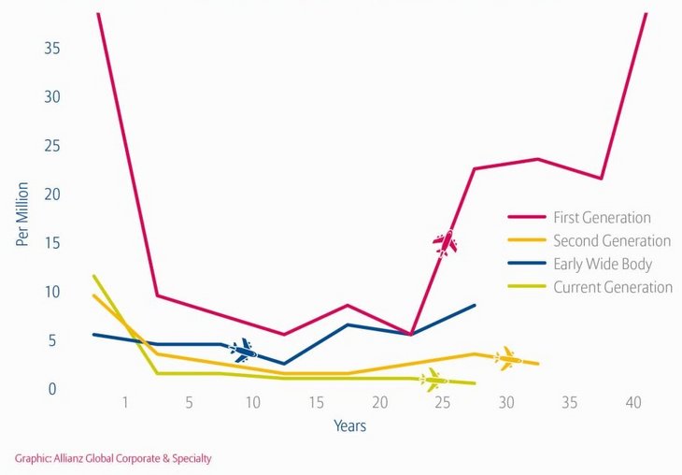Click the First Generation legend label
pos(602,218)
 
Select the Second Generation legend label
pos(611,241)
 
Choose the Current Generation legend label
pos(612,288)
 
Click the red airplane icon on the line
pos(446,243)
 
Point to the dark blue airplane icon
pos(243,351)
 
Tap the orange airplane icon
pos(508,358)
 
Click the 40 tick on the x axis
pos(632,403)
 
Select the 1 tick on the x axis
pos(125,403)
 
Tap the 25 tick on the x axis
pos(443,403)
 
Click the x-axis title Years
pos(350,426)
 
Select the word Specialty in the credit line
pos(190,458)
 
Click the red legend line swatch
pos(525,218)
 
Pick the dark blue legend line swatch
pos(525,265)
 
